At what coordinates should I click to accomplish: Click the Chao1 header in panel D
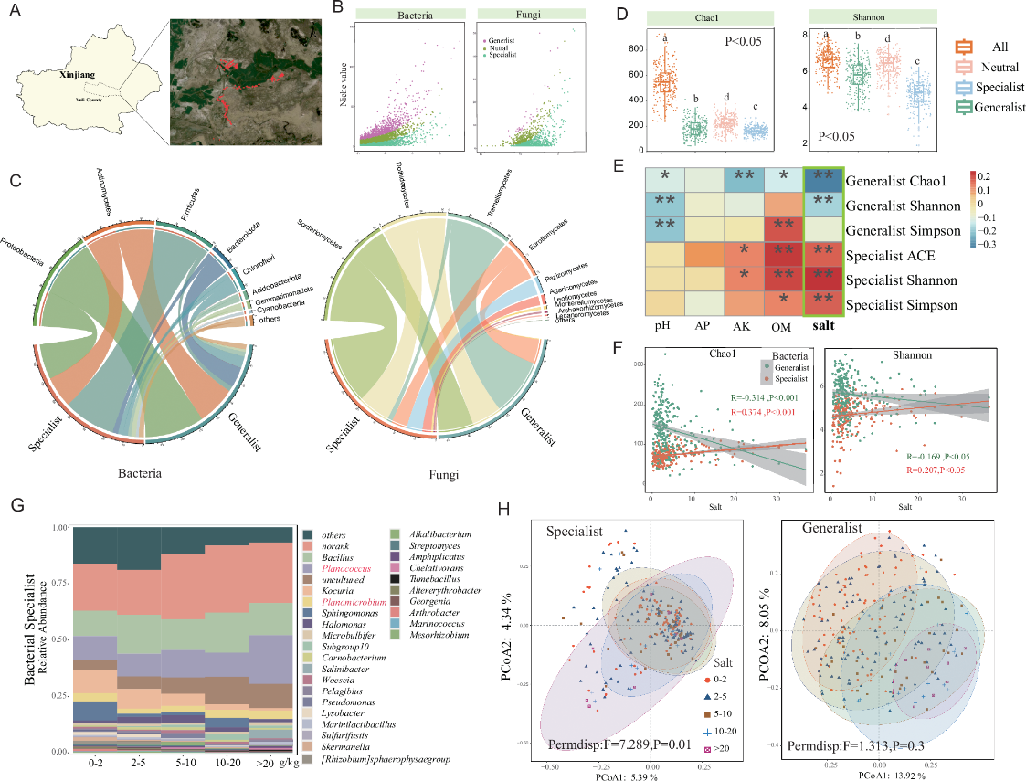click(x=700, y=16)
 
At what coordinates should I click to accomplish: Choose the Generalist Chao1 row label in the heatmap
click(x=909, y=182)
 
